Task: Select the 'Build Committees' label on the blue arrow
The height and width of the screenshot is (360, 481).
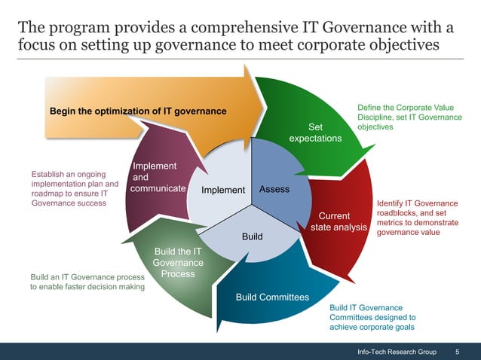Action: point(272,297)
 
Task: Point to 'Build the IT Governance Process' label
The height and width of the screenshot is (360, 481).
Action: point(178,262)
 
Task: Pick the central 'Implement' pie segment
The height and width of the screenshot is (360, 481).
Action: point(223,190)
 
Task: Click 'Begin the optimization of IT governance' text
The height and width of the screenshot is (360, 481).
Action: point(138,111)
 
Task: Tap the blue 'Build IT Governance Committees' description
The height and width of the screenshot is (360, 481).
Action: point(372,317)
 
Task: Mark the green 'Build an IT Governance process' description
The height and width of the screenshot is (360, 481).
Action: point(87,281)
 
